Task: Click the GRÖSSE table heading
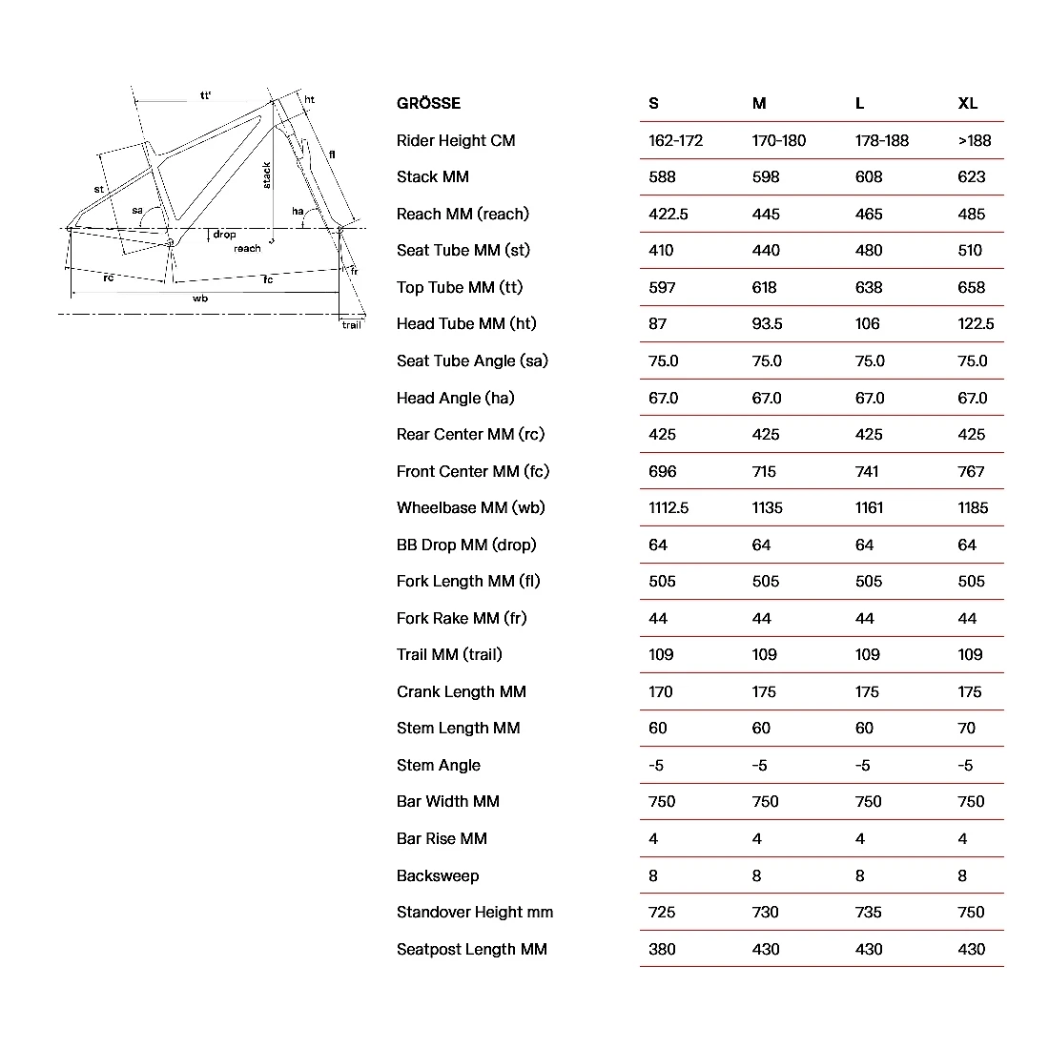tap(428, 103)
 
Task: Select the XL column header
tap(967, 103)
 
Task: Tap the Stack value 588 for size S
tap(662, 176)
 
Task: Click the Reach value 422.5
tap(668, 214)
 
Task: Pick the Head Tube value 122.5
tap(976, 323)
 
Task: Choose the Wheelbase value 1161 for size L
tap(869, 507)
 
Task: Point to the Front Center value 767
tap(971, 471)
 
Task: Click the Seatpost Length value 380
tap(662, 949)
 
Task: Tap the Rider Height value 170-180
tap(778, 140)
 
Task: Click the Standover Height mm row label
tap(474, 912)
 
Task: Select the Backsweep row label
tap(438, 875)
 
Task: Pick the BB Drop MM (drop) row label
tap(466, 545)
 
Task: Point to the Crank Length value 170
tap(661, 691)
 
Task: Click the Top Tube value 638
tap(869, 287)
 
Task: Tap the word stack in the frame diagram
tap(267, 175)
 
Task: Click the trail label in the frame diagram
tap(352, 325)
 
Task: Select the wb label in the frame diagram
tap(200, 298)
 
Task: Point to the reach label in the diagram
tap(247, 249)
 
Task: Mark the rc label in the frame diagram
tap(109, 278)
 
